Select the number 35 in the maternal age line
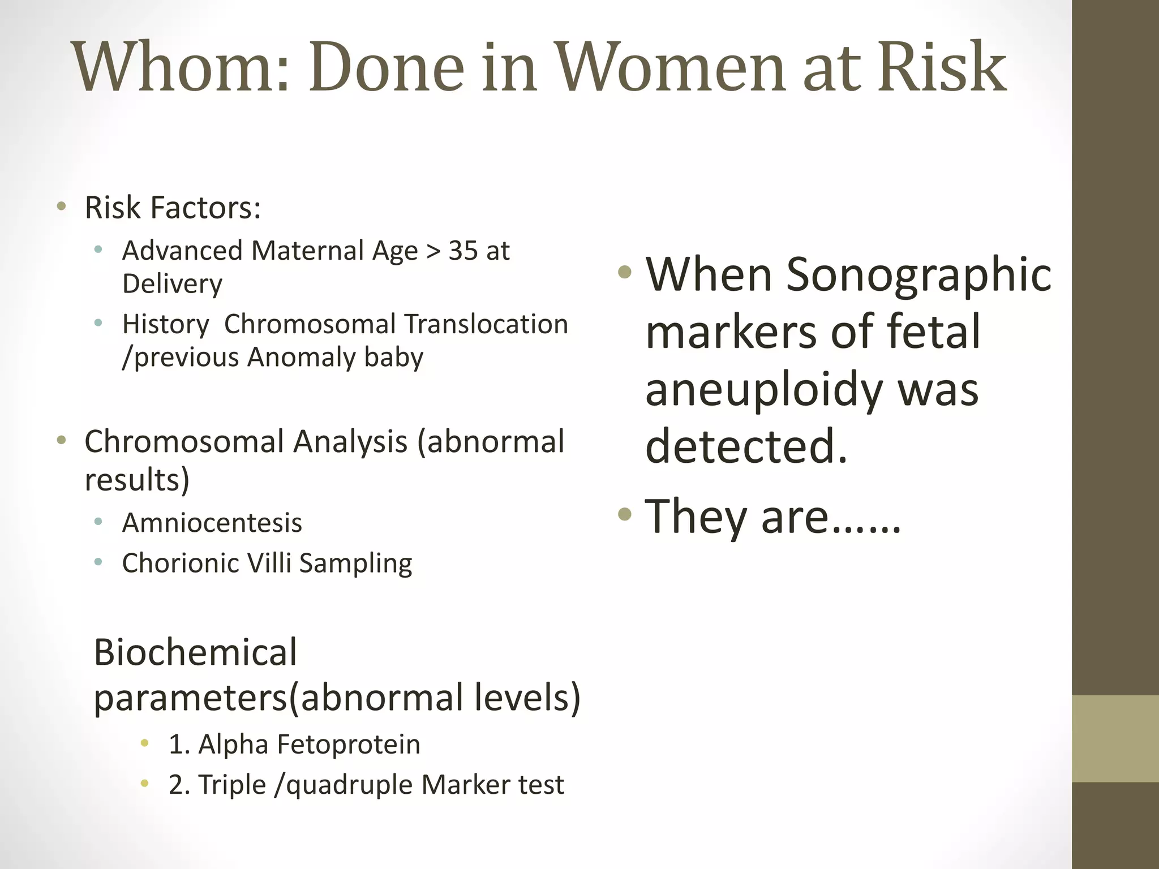pos(463,251)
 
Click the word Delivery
pos(172,283)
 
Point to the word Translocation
pos(486,324)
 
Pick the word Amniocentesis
pos(212,523)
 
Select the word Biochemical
pos(195,652)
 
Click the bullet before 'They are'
pos(624,514)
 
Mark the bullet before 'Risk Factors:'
pos(62,206)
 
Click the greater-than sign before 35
pos(433,251)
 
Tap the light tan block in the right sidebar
pos(1115,739)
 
